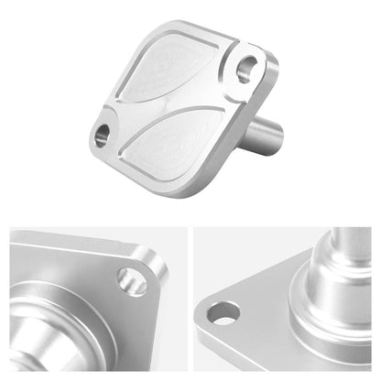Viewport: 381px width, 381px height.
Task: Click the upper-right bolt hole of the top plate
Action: tap(249, 67)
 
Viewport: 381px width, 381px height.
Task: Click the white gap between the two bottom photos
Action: tap(190, 302)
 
